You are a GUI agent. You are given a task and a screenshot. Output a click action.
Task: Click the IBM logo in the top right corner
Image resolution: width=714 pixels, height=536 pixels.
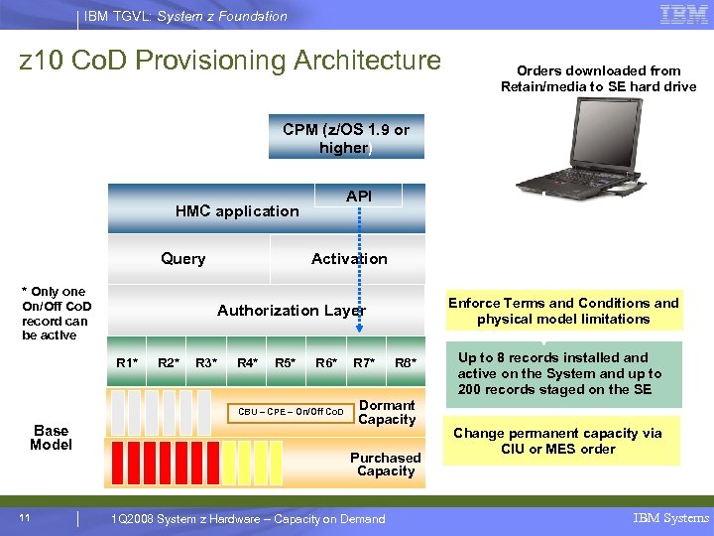coord(683,15)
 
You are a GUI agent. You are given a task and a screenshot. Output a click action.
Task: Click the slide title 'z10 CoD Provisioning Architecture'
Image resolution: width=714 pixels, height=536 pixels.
coord(230,61)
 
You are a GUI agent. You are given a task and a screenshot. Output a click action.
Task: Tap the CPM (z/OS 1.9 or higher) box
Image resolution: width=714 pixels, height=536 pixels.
coord(345,139)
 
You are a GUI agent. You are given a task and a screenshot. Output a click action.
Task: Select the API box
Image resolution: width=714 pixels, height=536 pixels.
coord(358,197)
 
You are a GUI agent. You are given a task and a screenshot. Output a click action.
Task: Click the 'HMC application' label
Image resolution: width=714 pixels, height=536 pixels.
coord(237,210)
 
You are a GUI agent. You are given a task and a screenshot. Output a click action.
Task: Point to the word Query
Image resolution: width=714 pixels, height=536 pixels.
coord(183,259)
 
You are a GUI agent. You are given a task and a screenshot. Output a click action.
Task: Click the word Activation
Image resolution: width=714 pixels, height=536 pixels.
coord(349,259)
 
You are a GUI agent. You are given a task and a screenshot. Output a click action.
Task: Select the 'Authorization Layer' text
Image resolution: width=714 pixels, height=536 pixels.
coord(292,311)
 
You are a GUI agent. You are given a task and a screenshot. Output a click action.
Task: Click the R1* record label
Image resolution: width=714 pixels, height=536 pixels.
coord(128,363)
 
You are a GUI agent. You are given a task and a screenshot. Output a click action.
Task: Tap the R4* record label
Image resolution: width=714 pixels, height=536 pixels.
coord(247,363)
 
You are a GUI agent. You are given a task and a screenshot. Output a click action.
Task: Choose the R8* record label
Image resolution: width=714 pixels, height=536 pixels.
coord(405,363)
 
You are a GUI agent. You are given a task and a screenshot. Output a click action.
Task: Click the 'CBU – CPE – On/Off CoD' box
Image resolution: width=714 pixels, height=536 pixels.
coord(291,412)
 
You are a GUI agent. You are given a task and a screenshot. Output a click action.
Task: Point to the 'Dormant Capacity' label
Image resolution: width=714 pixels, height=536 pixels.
coord(387,412)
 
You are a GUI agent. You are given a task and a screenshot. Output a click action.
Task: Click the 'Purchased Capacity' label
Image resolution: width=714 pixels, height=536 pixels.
coord(385,465)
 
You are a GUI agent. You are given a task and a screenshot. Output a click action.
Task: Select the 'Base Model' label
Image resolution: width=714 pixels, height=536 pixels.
coord(51,438)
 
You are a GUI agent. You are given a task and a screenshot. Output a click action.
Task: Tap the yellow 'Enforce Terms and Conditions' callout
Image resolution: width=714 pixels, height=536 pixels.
coord(563,311)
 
